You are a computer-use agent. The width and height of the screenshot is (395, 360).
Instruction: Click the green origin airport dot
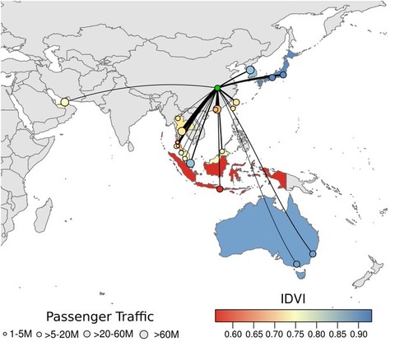coord(217,88)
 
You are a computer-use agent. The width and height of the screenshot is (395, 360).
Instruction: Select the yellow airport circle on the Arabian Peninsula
coord(65,102)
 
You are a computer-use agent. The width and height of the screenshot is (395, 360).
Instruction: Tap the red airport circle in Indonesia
coord(220,189)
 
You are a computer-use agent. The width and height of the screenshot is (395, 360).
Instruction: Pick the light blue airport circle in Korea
coord(250,70)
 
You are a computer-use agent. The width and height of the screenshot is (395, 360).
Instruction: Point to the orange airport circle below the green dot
coord(216,109)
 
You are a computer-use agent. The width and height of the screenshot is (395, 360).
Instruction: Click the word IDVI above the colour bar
coord(293,298)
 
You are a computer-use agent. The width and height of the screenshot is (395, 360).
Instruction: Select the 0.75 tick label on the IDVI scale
coord(295,335)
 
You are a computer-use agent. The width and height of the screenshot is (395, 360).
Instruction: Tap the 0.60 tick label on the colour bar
coord(233,335)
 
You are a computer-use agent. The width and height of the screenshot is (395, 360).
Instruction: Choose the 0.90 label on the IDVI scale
coord(359,335)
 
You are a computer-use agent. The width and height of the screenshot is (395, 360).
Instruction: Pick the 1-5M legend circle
coord(5,335)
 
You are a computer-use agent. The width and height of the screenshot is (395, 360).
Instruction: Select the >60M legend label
coord(166,335)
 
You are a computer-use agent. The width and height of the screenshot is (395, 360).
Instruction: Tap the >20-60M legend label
coord(113,335)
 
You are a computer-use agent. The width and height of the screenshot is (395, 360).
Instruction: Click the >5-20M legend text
coord(62,335)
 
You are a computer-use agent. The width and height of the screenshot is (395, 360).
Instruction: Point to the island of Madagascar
coord(44,215)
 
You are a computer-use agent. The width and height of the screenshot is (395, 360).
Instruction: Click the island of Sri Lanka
coord(132,146)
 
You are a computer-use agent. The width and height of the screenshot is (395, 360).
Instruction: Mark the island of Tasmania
coord(301,275)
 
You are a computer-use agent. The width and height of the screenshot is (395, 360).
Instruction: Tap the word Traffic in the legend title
coord(135,316)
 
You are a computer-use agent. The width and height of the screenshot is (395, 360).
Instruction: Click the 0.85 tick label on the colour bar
coord(337,335)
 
